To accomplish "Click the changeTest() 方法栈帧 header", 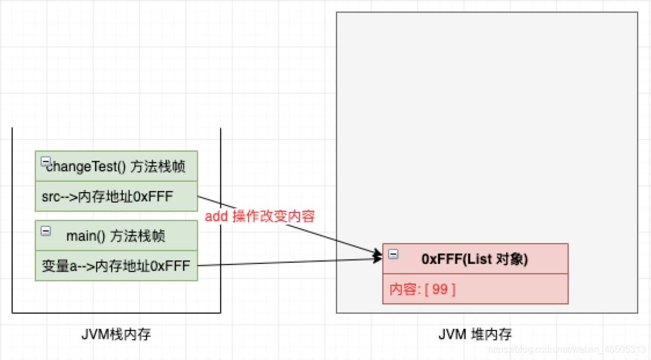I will pos(116,167).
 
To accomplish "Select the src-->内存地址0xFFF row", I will pos(107,197).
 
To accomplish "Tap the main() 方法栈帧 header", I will pos(116,236).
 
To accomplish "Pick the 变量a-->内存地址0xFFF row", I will pos(116,266).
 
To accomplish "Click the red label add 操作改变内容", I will pos(259,216).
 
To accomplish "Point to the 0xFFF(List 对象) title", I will pos(474,259).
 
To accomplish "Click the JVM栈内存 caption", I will pos(116,334).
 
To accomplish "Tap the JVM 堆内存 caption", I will pos(475,334).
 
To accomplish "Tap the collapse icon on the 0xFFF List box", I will pos(393,254).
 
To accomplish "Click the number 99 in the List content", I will pos(440,289).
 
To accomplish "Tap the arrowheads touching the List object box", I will pos(377,256).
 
